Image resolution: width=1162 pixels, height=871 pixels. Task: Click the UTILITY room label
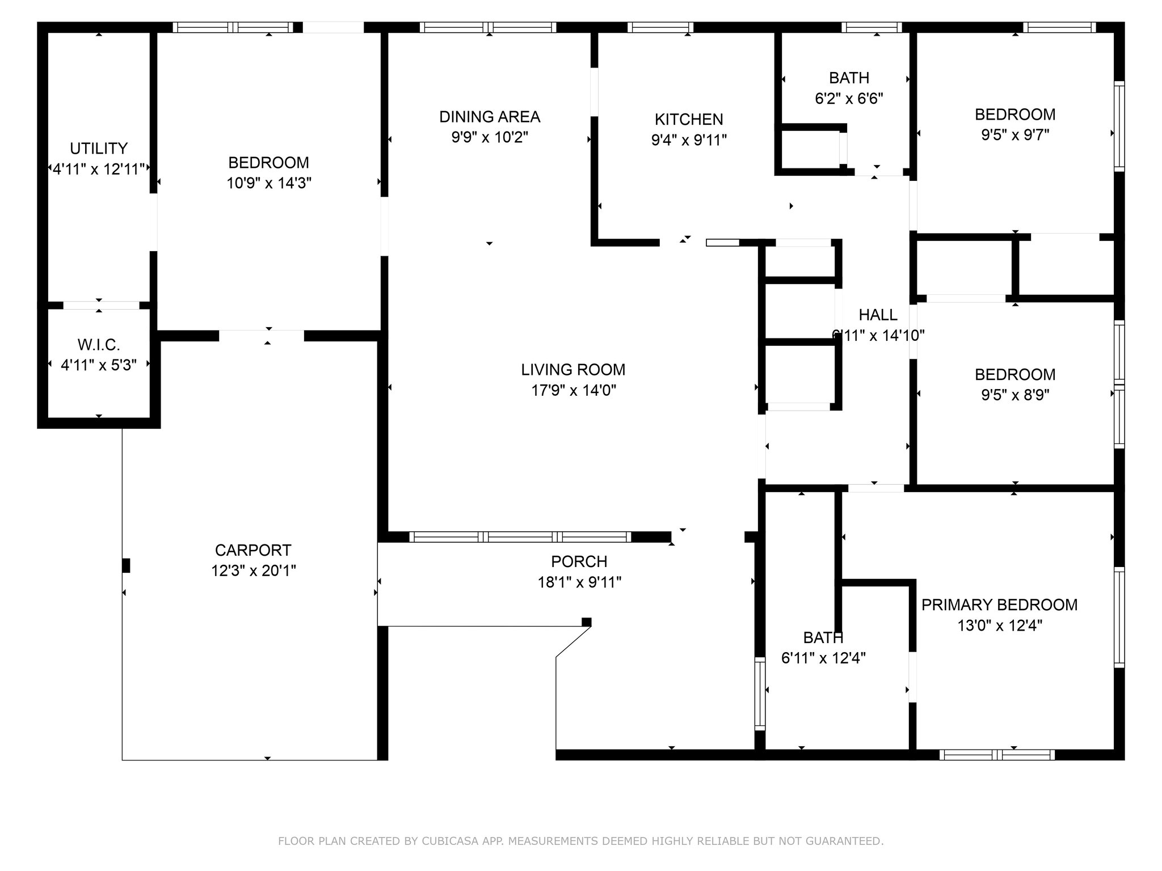coord(99,149)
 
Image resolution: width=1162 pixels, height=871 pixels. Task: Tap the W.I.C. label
coord(99,345)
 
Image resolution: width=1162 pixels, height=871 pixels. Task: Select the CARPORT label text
coord(253,550)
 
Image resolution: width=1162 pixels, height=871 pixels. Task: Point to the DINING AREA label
coord(490,117)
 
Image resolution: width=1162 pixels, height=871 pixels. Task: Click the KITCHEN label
coord(689,120)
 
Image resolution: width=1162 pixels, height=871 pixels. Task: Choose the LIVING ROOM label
coord(573,370)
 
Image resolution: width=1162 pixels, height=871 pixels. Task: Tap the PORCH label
coord(579,561)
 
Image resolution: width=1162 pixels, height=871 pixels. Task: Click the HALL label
coord(878,315)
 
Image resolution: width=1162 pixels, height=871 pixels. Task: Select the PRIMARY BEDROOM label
coord(999,605)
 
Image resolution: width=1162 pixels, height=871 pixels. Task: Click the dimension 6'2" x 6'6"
coord(849,99)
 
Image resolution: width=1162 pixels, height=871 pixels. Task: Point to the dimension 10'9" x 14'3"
coord(269,183)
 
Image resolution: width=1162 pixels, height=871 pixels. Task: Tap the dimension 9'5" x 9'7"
coord(1015,135)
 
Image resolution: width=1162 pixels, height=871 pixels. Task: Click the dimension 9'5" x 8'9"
coord(1015,395)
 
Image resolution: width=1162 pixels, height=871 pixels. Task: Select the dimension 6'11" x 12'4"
coord(823,658)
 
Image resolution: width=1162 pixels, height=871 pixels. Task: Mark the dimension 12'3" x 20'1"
coord(254,570)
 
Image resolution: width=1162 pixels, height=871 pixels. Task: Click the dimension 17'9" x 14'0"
coord(574,390)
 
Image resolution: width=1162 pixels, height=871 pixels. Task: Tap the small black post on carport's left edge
coord(126,565)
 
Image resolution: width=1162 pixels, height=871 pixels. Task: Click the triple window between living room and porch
coord(520,537)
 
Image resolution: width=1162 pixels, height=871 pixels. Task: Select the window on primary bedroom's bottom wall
coord(997,755)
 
